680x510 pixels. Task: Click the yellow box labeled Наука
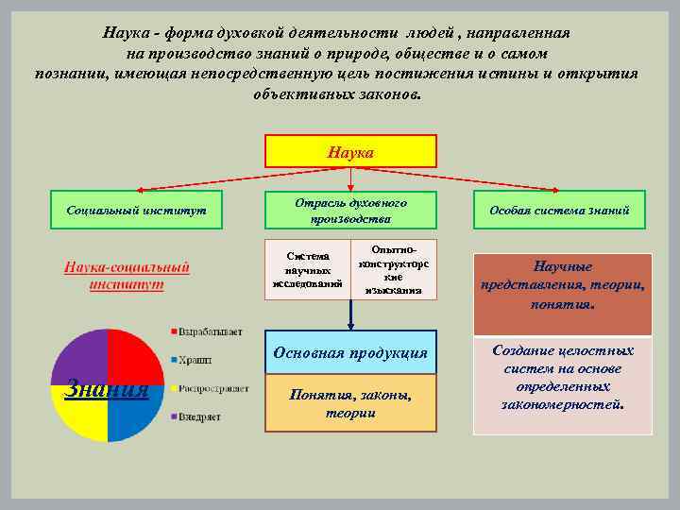(x=350, y=151)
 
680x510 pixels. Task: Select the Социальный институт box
(x=137, y=210)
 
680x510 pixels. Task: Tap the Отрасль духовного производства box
(x=350, y=210)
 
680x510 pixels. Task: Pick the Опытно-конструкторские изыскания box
(x=394, y=269)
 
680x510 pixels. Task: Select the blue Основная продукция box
(x=350, y=351)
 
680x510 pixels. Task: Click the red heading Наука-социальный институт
(x=127, y=275)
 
